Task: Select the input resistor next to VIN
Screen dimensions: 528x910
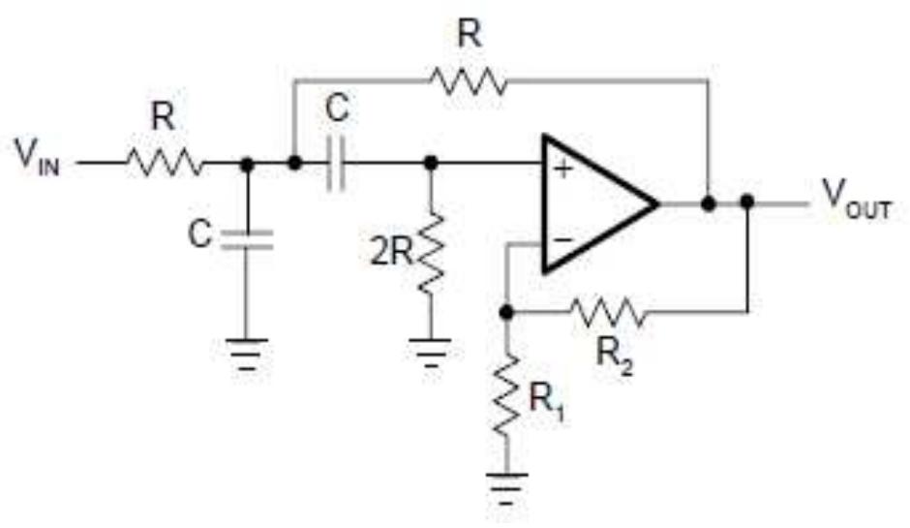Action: [163, 164]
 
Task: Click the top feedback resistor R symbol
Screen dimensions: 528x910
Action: [470, 81]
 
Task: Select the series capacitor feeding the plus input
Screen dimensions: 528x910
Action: [336, 164]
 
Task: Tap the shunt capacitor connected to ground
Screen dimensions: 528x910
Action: [247, 237]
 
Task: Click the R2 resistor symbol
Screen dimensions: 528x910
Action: [606, 312]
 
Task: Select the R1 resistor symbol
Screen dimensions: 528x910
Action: [505, 391]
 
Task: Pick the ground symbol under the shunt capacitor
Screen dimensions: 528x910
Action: [247, 352]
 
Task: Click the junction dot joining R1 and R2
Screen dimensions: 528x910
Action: [505, 312]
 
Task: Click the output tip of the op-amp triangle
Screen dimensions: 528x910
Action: [658, 203]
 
